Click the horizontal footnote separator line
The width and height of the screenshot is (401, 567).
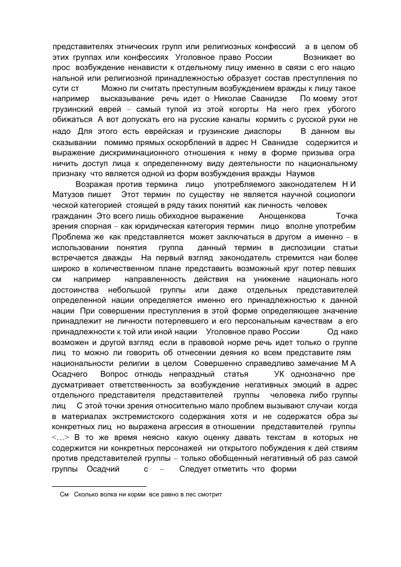tap(98, 486)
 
